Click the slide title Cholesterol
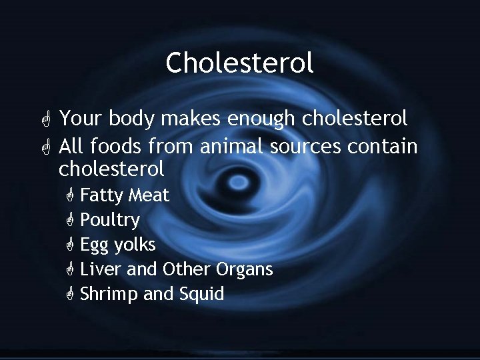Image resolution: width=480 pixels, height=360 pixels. (239, 63)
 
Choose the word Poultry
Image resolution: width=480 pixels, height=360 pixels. (110, 221)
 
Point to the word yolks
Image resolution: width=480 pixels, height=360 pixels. (135, 245)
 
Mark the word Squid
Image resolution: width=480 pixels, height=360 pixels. (201, 294)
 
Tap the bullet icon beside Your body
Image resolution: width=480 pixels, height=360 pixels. (45, 120)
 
